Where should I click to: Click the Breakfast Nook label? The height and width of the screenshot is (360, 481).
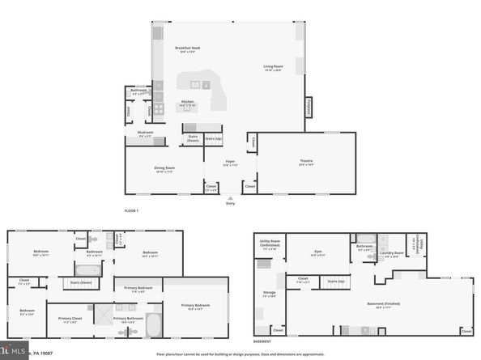click(187, 49)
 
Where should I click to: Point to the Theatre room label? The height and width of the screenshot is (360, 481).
click(306, 163)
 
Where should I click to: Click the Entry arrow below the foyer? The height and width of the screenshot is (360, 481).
click(231, 199)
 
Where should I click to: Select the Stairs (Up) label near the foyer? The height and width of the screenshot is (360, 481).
click(213, 138)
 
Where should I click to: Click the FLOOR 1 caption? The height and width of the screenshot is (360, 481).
click(132, 210)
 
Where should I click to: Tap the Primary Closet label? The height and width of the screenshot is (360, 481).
click(70, 318)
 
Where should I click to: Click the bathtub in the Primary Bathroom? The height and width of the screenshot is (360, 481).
click(154, 325)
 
